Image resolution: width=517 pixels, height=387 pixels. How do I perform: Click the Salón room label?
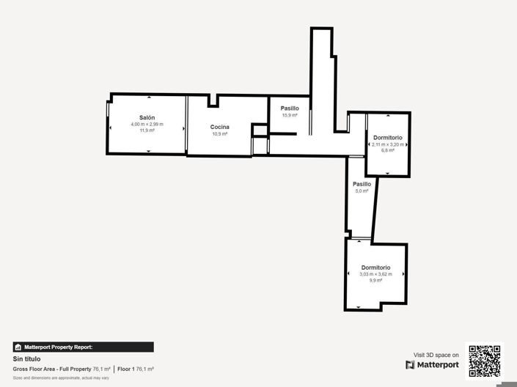click(x=147, y=118)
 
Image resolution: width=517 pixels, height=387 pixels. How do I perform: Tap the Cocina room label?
click(x=220, y=127)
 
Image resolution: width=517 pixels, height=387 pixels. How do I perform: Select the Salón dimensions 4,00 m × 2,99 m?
click(x=147, y=125)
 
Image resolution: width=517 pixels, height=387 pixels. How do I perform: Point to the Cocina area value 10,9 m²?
click(x=220, y=134)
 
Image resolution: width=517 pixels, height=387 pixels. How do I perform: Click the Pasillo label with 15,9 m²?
click(x=290, y=108)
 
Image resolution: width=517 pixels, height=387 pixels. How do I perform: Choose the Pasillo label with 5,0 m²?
click(x=362, y=184)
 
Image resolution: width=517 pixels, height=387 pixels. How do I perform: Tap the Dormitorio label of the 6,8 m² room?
click(x=387, y=138)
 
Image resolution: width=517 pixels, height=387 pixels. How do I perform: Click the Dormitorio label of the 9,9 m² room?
click(x=375, y=268)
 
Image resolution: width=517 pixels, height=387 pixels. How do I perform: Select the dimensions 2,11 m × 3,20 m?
click(x=388, y=144)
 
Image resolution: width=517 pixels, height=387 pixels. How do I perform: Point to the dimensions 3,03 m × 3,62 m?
click(x=375, y=274)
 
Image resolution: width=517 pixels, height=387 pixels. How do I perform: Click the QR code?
click(x=484, y=360)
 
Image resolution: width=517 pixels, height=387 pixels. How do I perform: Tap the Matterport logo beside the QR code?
click(x=433, y=365)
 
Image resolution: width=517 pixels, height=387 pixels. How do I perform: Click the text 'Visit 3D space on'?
click(x=436, y=355)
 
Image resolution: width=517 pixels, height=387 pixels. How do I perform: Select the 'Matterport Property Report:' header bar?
click(x=83, y=347)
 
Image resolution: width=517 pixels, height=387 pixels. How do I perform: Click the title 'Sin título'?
click(x=26, y=359)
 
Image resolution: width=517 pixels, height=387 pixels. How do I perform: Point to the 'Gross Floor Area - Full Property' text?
click(x=52, y=369)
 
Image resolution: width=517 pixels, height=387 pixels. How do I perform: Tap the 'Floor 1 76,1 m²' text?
click(x=135, y=369)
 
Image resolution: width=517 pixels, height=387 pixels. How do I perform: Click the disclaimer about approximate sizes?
click(x=60, y=377)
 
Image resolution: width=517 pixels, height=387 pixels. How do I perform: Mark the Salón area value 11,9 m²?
click(x=147, y=130)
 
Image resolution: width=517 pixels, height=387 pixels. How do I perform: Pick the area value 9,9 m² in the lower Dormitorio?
click(x=375, y=281)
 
